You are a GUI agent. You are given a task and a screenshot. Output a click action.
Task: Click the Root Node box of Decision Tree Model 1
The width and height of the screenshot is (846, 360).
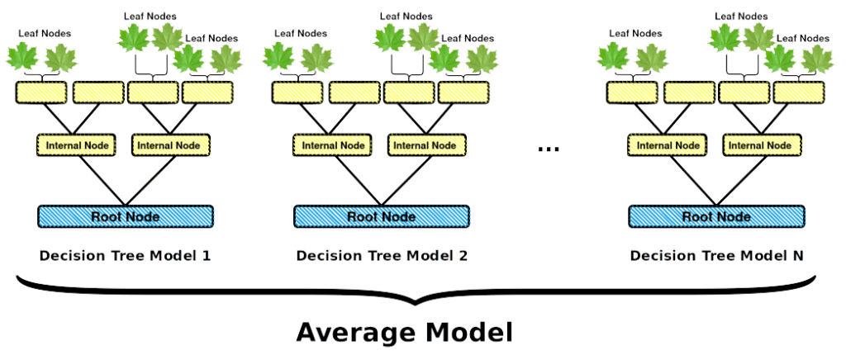(126, 216)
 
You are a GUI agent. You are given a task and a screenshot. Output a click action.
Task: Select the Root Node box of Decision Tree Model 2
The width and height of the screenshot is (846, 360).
(382, 216)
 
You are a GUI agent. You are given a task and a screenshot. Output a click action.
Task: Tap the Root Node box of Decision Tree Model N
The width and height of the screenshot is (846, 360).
(716, 216)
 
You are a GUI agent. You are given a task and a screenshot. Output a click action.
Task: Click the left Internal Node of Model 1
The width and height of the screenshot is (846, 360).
(76, 145)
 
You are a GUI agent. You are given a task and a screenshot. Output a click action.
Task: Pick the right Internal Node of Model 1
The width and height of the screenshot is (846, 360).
(169, 145)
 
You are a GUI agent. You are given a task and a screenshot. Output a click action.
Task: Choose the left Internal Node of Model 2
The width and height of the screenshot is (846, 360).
(332, 145)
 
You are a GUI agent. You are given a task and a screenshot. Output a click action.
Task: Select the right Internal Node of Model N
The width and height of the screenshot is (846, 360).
(761, 145)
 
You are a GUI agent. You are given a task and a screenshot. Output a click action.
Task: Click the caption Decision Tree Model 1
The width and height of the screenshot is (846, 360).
(125, 255)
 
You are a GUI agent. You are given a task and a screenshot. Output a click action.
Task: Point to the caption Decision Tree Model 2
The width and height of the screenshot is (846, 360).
(382, 255)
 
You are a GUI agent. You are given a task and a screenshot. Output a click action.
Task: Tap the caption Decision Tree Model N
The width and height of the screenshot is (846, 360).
(716, 255)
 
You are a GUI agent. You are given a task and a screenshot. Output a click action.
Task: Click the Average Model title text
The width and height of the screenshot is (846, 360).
(404, 333)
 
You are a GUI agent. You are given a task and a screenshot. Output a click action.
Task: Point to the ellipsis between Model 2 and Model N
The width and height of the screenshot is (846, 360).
(549, 149)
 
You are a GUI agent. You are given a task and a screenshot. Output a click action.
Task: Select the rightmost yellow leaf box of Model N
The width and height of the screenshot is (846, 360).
(798, 92)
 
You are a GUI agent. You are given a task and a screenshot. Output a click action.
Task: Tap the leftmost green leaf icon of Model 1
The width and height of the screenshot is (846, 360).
(22, 57)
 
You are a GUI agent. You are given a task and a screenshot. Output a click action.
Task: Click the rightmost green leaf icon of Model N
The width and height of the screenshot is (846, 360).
(817, 59)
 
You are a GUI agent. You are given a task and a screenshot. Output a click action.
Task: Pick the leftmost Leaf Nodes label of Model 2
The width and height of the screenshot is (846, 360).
(301, 33)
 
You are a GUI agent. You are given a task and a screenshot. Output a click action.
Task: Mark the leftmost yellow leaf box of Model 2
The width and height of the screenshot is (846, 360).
(297, 92)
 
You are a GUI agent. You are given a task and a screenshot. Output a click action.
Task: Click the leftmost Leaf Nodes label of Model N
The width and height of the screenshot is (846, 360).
(635, 33)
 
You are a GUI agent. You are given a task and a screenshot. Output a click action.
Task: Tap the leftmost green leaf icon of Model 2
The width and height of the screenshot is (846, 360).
(279, 57)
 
